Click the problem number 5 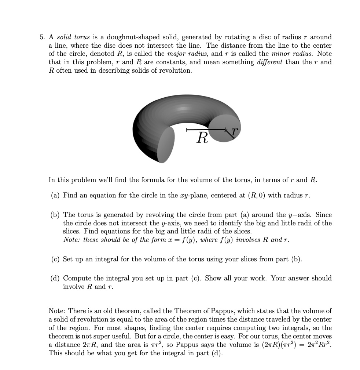coord(42,37)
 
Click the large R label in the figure coord(202,138)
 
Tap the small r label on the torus coord(235,130)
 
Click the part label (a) coord(55,195)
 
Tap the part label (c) coord(55,259)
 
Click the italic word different coord(269,62)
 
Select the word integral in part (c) coord(107,259)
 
